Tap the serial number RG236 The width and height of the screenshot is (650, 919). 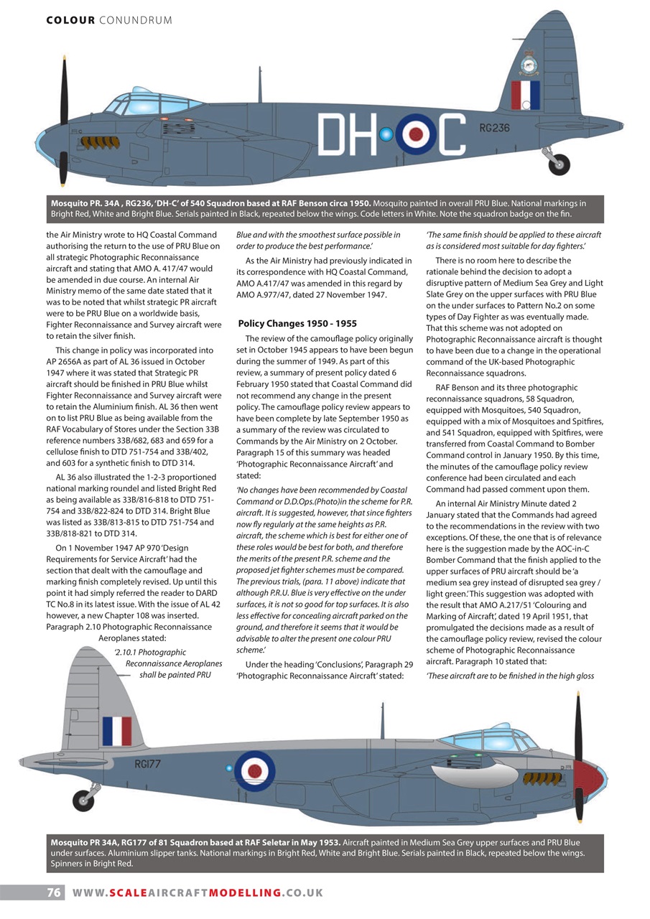(x=493, y=129)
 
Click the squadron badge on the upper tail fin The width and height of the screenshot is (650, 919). (x=529, y=63)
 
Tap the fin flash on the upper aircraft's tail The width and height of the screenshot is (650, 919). (x=525, y=95)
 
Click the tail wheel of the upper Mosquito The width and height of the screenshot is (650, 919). (x=559, y=164)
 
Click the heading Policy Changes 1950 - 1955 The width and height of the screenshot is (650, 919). (x=297, y=324)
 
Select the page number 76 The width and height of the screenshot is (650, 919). (x=54, y=892)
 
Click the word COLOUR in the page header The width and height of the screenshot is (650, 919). (x=70, y=20)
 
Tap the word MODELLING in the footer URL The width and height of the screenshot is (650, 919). (x=243, y=892)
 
